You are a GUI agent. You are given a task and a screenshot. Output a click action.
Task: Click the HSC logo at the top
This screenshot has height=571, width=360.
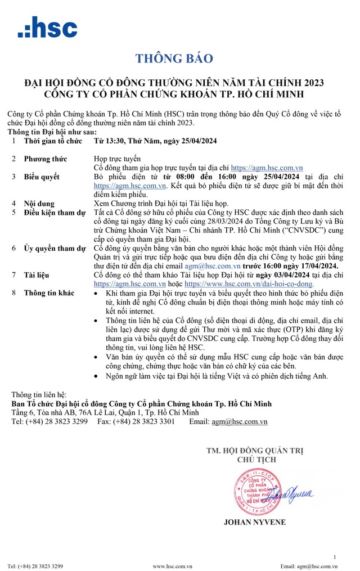(47, 27)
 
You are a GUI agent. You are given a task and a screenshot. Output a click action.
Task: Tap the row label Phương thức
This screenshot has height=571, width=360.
(46, 159)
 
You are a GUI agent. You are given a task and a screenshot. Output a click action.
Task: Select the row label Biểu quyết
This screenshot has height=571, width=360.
(43, 177)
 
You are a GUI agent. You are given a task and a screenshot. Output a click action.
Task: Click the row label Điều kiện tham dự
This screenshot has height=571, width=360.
(55, 212)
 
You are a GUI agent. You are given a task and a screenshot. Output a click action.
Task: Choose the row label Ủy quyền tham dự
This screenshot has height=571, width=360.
(55, 248)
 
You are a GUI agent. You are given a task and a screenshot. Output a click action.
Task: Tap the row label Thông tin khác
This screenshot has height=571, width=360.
(49, 293)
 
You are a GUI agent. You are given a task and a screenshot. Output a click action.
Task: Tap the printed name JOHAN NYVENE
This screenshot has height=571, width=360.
(254, 522)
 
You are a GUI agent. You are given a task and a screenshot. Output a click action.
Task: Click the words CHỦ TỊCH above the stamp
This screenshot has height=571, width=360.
(254, 458)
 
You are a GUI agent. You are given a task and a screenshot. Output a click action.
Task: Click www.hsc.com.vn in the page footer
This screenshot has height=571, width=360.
(173, 566)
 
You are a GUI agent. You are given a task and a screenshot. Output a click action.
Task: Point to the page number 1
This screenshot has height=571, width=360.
(334, 557)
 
